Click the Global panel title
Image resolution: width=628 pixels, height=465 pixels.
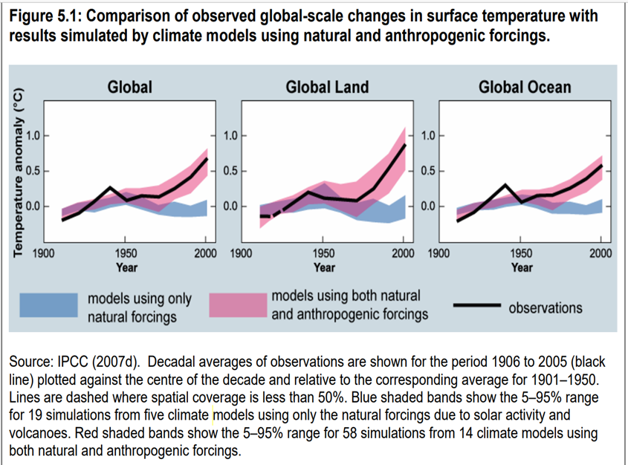[x=130, y=87]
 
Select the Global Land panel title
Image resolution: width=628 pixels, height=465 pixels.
[x=327, y=87]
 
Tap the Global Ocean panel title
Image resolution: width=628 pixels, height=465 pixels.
[x=525, y=87]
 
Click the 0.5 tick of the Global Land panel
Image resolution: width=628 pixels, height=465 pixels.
[x=230, y=172]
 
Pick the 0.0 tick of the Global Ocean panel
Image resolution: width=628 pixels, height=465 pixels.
[x=427, y=207]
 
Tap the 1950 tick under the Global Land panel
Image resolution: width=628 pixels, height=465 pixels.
[x=323, y=255]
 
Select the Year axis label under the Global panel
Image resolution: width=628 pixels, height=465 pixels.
[x=126, y=267]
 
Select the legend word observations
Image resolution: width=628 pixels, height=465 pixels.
[x=546, y=307]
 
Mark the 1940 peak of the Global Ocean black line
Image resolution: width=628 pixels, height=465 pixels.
[x=505, y=185]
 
